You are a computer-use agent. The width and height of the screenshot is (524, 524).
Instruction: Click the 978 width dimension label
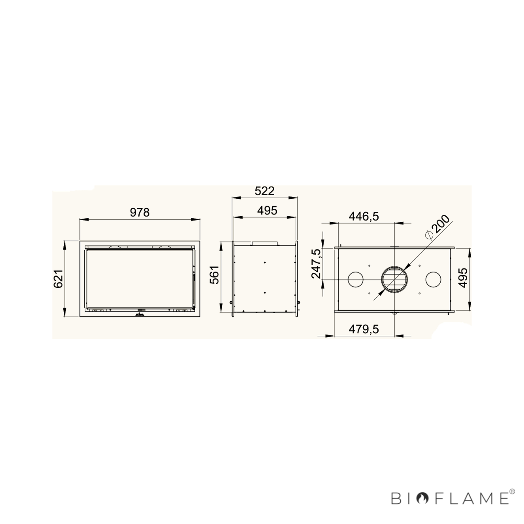(139, 212)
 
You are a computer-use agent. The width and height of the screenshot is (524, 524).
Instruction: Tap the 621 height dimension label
(58, 279)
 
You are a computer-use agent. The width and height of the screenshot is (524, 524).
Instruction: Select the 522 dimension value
(264, 191)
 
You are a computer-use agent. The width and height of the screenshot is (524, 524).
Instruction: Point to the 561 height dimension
(214, 275)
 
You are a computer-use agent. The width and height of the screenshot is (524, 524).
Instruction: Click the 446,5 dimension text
(364, 217)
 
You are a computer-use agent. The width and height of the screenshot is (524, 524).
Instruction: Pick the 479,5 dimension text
(364, 330)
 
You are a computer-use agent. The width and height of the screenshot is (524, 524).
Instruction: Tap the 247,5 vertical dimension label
(316, 263)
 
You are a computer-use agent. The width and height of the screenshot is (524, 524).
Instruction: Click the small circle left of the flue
(356, 279)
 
